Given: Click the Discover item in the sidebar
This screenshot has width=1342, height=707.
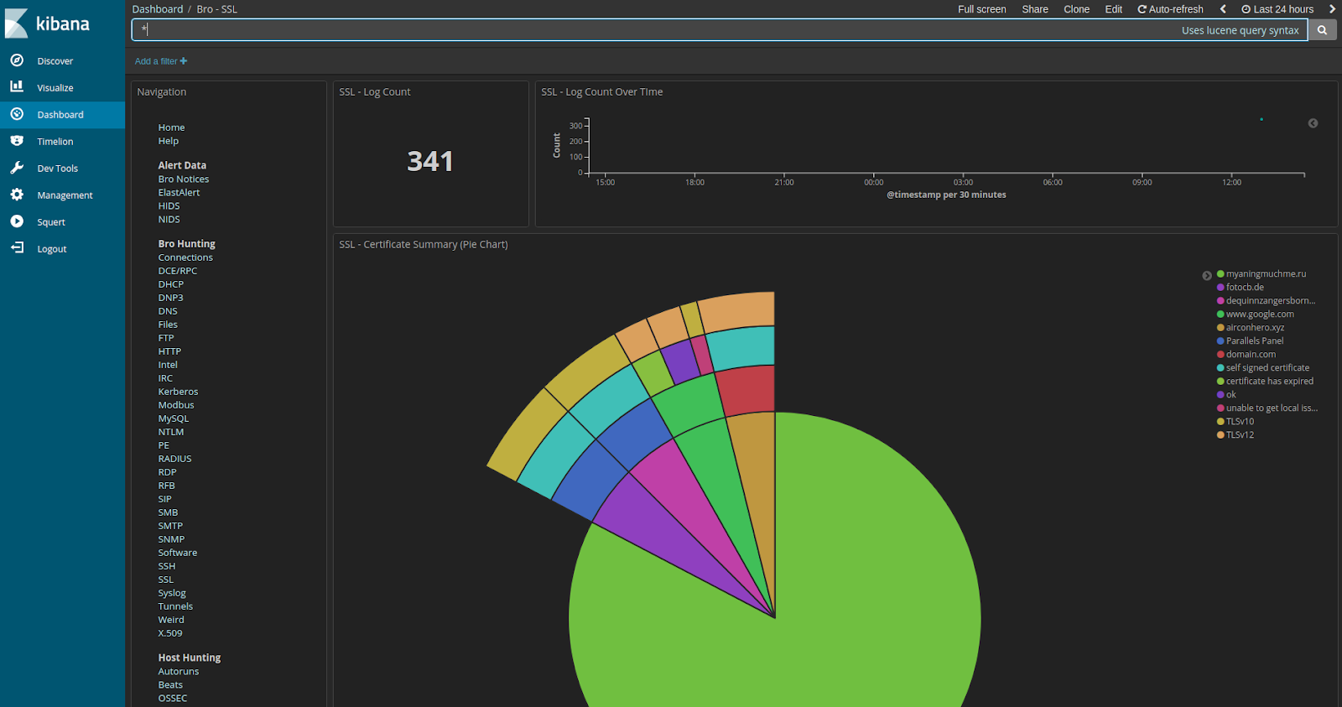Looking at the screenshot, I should point(55,61).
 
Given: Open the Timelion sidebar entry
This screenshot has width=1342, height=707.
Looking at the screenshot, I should point(55,142).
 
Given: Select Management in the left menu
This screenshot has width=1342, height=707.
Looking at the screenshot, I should point(65,195).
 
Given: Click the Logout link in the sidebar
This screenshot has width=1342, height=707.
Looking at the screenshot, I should point(51,249).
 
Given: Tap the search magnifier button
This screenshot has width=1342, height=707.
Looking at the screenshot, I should point(1322,30).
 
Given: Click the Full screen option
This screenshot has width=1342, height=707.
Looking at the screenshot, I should point(981,9).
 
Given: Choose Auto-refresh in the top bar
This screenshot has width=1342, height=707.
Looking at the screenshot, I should point(1170,9).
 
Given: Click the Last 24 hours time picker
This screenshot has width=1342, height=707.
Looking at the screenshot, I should point(1277,9).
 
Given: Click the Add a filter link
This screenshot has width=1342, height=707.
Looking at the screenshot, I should point(160,61).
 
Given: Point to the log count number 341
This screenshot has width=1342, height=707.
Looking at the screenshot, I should point(430,161).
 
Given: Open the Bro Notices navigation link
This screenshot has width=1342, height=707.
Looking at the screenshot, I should point(184,179).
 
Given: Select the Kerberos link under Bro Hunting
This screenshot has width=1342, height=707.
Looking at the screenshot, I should point(178,392).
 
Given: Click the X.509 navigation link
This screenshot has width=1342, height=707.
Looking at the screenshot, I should point(170,633).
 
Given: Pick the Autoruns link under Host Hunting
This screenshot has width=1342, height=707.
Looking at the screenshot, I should point(179,672).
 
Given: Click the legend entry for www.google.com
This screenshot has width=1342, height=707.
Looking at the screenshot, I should point(1260,315).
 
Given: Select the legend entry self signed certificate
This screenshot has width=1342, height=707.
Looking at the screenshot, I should point(1267,368).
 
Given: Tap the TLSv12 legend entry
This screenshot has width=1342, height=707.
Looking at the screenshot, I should point(1240,435).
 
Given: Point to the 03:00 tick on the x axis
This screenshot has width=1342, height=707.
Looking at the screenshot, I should point(963,182).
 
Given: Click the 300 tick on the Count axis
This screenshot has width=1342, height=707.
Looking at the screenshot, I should point(575,126).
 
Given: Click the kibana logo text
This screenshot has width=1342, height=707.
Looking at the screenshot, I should point(63,23).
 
